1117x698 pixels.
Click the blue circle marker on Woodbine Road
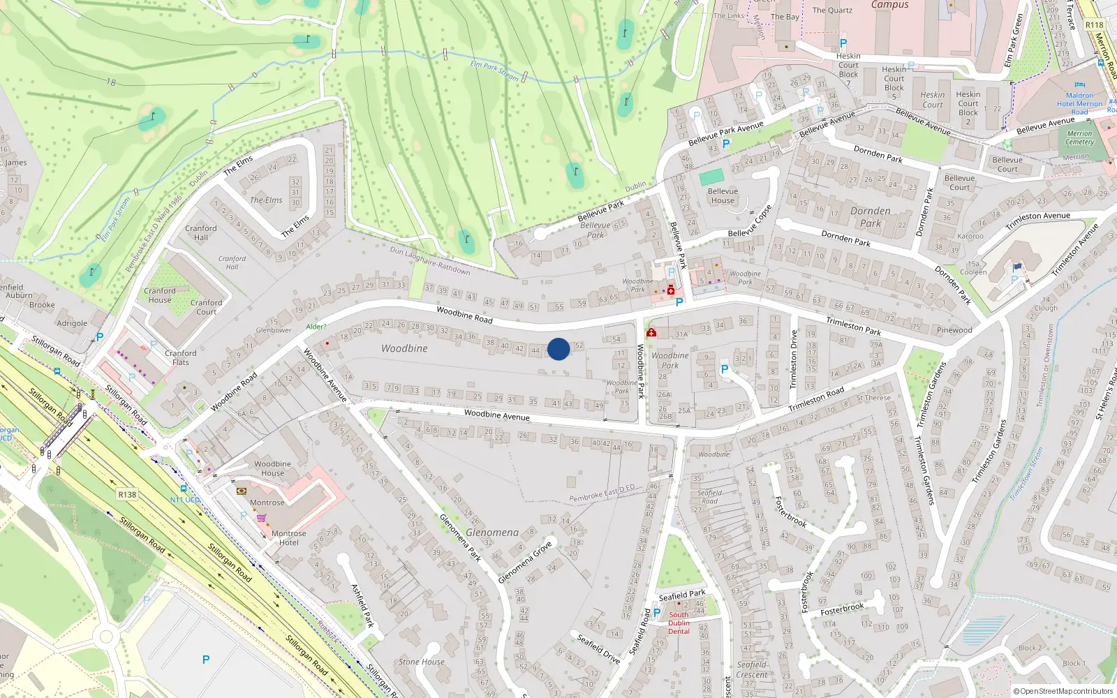[x=558, y=349]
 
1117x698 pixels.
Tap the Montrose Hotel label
[x=288, y=537]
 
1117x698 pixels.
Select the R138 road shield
[x=127, y=494]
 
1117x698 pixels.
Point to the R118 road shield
[x=1094, y=25]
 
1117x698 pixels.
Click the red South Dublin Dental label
[x=679, y=623]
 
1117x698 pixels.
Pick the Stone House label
[x=421, y=662]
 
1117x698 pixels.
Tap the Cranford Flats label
[x=181, y=357]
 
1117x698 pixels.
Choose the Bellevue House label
[x=723, y=195]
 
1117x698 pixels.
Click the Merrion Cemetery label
[x=1079, y=138]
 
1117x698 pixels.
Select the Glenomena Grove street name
[x=525, y=562]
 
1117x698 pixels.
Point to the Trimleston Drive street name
[x=793, y=359]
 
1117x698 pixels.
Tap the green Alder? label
[x=316, y=327]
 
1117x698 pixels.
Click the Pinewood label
[x=954, y=330]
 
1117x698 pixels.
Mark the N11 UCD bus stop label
[x=185, y=500]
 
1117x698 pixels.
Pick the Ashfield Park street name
[x=363, y=605]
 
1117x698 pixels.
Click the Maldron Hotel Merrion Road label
[x=1079, y=103]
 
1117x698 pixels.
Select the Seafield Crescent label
[x=752, y=669]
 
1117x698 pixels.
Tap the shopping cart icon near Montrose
[x=261, y=518]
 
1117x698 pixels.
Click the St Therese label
[x=873, y=398]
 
